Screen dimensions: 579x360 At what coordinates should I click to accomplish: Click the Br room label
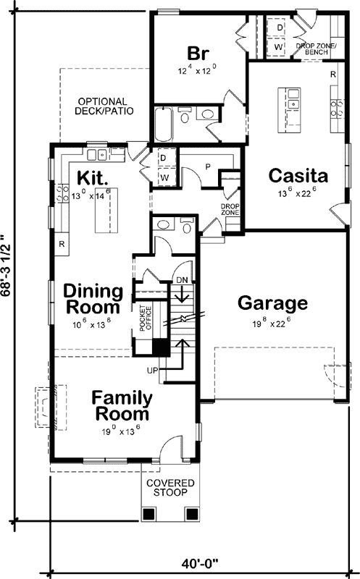coord(198,54)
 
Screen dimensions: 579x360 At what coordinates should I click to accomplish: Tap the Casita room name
coord(298,176)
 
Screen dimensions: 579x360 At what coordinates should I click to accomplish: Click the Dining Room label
coord(93,299)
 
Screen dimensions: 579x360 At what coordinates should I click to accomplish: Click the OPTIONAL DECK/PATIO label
coord(101,106)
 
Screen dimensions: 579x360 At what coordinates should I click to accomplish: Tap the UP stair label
coord(154,371)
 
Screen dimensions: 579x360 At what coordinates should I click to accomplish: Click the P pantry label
coord(207,166)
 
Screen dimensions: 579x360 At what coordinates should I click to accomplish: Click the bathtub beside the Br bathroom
coord(162,126)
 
